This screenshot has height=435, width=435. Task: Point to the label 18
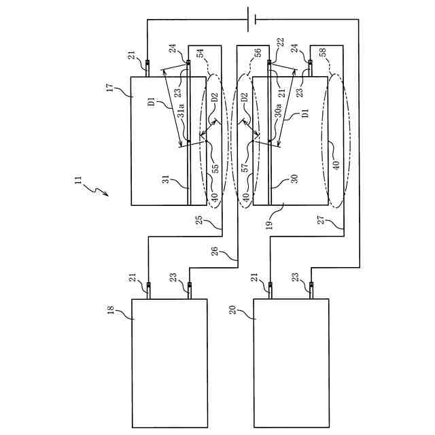coord(111,310)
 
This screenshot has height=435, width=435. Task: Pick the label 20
coord(233,310)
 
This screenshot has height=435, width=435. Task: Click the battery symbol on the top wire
coord(252,20)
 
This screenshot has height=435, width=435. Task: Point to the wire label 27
coord(321,220)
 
